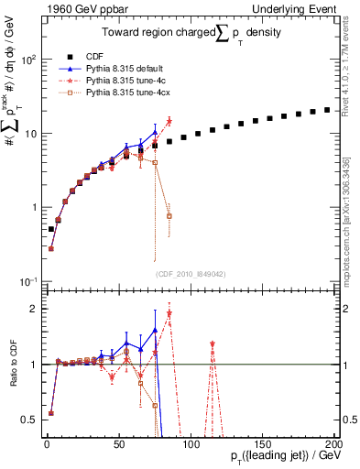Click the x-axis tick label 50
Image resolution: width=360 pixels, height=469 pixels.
[118, 443]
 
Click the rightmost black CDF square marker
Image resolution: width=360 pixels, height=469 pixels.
[326, 110]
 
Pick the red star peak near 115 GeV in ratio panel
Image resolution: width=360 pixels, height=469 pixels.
[213, 344]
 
